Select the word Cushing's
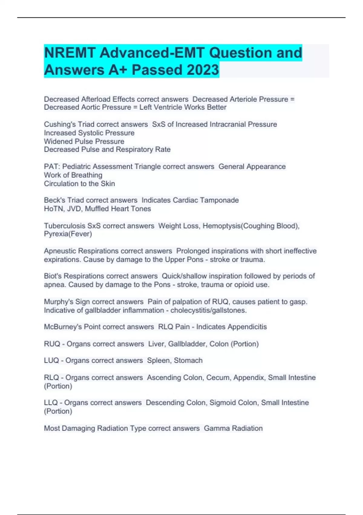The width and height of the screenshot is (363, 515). (60, 124)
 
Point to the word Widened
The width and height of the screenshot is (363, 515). (57, 141)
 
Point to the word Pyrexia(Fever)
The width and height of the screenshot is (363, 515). (68, 234)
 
